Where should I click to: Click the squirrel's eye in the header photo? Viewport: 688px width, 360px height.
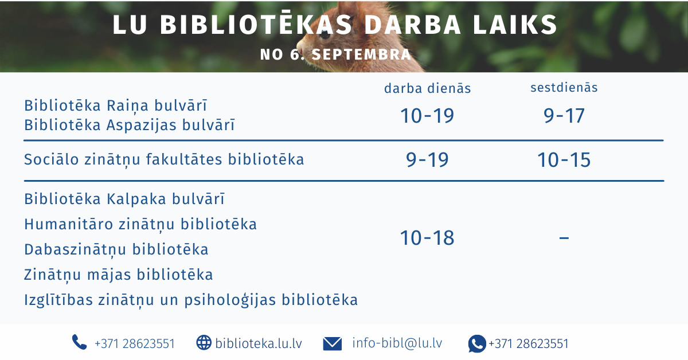(325, 34)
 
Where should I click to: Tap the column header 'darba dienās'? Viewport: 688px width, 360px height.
(428, 88)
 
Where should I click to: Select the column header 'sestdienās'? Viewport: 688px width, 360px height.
(564, 88)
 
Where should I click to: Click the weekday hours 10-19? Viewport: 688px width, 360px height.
(427, 115)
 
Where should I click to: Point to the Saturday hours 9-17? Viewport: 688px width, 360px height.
(564, 115)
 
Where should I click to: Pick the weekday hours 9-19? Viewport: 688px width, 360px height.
(427, 160)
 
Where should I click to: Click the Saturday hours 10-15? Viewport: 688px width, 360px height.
(564, 160)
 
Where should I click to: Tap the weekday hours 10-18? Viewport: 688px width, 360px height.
(427, 238)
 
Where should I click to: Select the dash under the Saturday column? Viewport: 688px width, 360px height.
(564, 238)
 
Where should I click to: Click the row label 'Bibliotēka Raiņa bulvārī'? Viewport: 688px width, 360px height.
(116, 105)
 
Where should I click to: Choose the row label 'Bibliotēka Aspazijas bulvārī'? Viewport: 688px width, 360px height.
(130, 126)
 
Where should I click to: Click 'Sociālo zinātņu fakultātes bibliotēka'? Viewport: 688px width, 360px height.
(165, 160)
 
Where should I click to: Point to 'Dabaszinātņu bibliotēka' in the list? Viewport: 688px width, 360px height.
(116, 249)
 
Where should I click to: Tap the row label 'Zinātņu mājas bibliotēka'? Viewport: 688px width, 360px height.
(119, 275)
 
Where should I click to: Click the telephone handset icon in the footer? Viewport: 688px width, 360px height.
(79, 342)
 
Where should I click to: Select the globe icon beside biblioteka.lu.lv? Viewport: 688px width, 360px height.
(204, 342)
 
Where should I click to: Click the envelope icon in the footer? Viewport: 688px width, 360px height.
(333, 344)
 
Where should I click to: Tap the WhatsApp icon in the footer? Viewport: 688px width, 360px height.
(477, 344)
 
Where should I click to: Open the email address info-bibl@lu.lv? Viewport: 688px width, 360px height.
(397, 343)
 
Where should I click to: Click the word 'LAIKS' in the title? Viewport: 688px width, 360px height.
(515, 25)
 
